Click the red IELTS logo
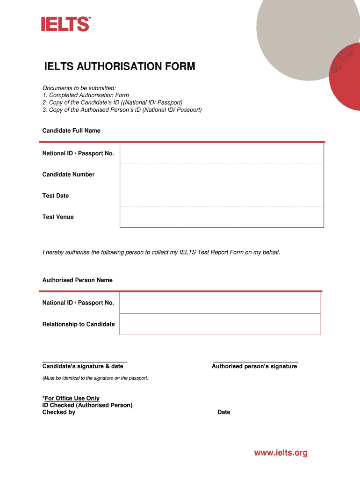(65, 24)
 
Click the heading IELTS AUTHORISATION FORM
(119, 67)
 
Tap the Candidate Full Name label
(71, 131)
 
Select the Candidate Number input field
(222, 174)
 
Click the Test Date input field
(222, 196)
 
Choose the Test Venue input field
(222, 217)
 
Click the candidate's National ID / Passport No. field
(222, 153)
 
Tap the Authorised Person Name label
(77, 280)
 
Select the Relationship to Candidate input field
(220, 324)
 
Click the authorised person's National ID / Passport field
(220, 303)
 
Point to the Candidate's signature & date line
(85, 362)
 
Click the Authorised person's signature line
(255, 362)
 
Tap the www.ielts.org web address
(281, 453)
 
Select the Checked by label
(58, 412)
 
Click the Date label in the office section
(223, 412)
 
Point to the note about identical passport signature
(95, 378)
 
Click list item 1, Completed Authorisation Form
(86, 95)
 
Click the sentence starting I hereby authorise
(161, 252)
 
